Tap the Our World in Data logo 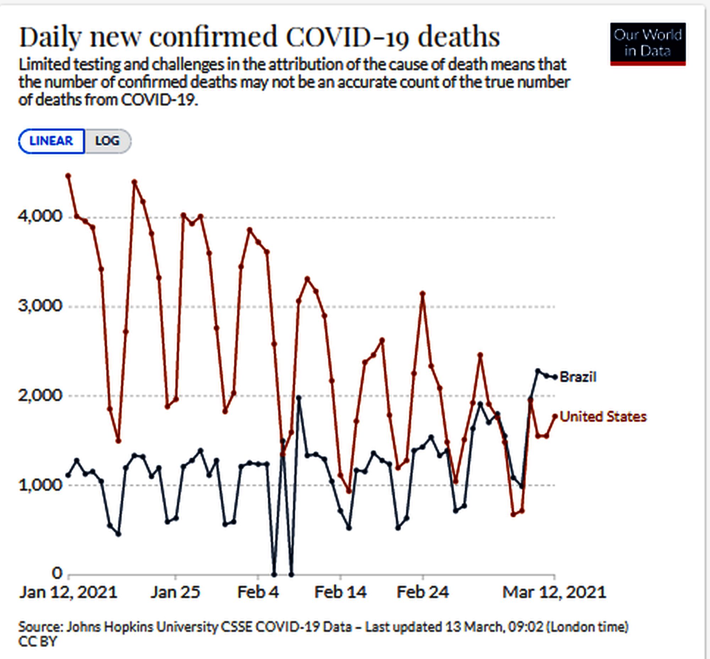coord(648,44)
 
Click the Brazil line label coord(578,377)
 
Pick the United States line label coord(603,416)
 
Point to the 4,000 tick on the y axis coord(40,216)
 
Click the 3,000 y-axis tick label coord(40,306)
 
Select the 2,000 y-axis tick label coord(40,395)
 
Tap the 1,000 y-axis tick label coord(40,485)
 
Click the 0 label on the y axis coord(57,573)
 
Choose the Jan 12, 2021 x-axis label coord(68,593)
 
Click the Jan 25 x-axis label coord(175,593)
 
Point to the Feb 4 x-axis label coord(258,593)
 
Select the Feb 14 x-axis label coord(340,593)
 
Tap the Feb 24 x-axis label coord(423,593)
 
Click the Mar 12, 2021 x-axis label coord(554,593)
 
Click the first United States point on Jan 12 coord(69,175)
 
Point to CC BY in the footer coord(38,642)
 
